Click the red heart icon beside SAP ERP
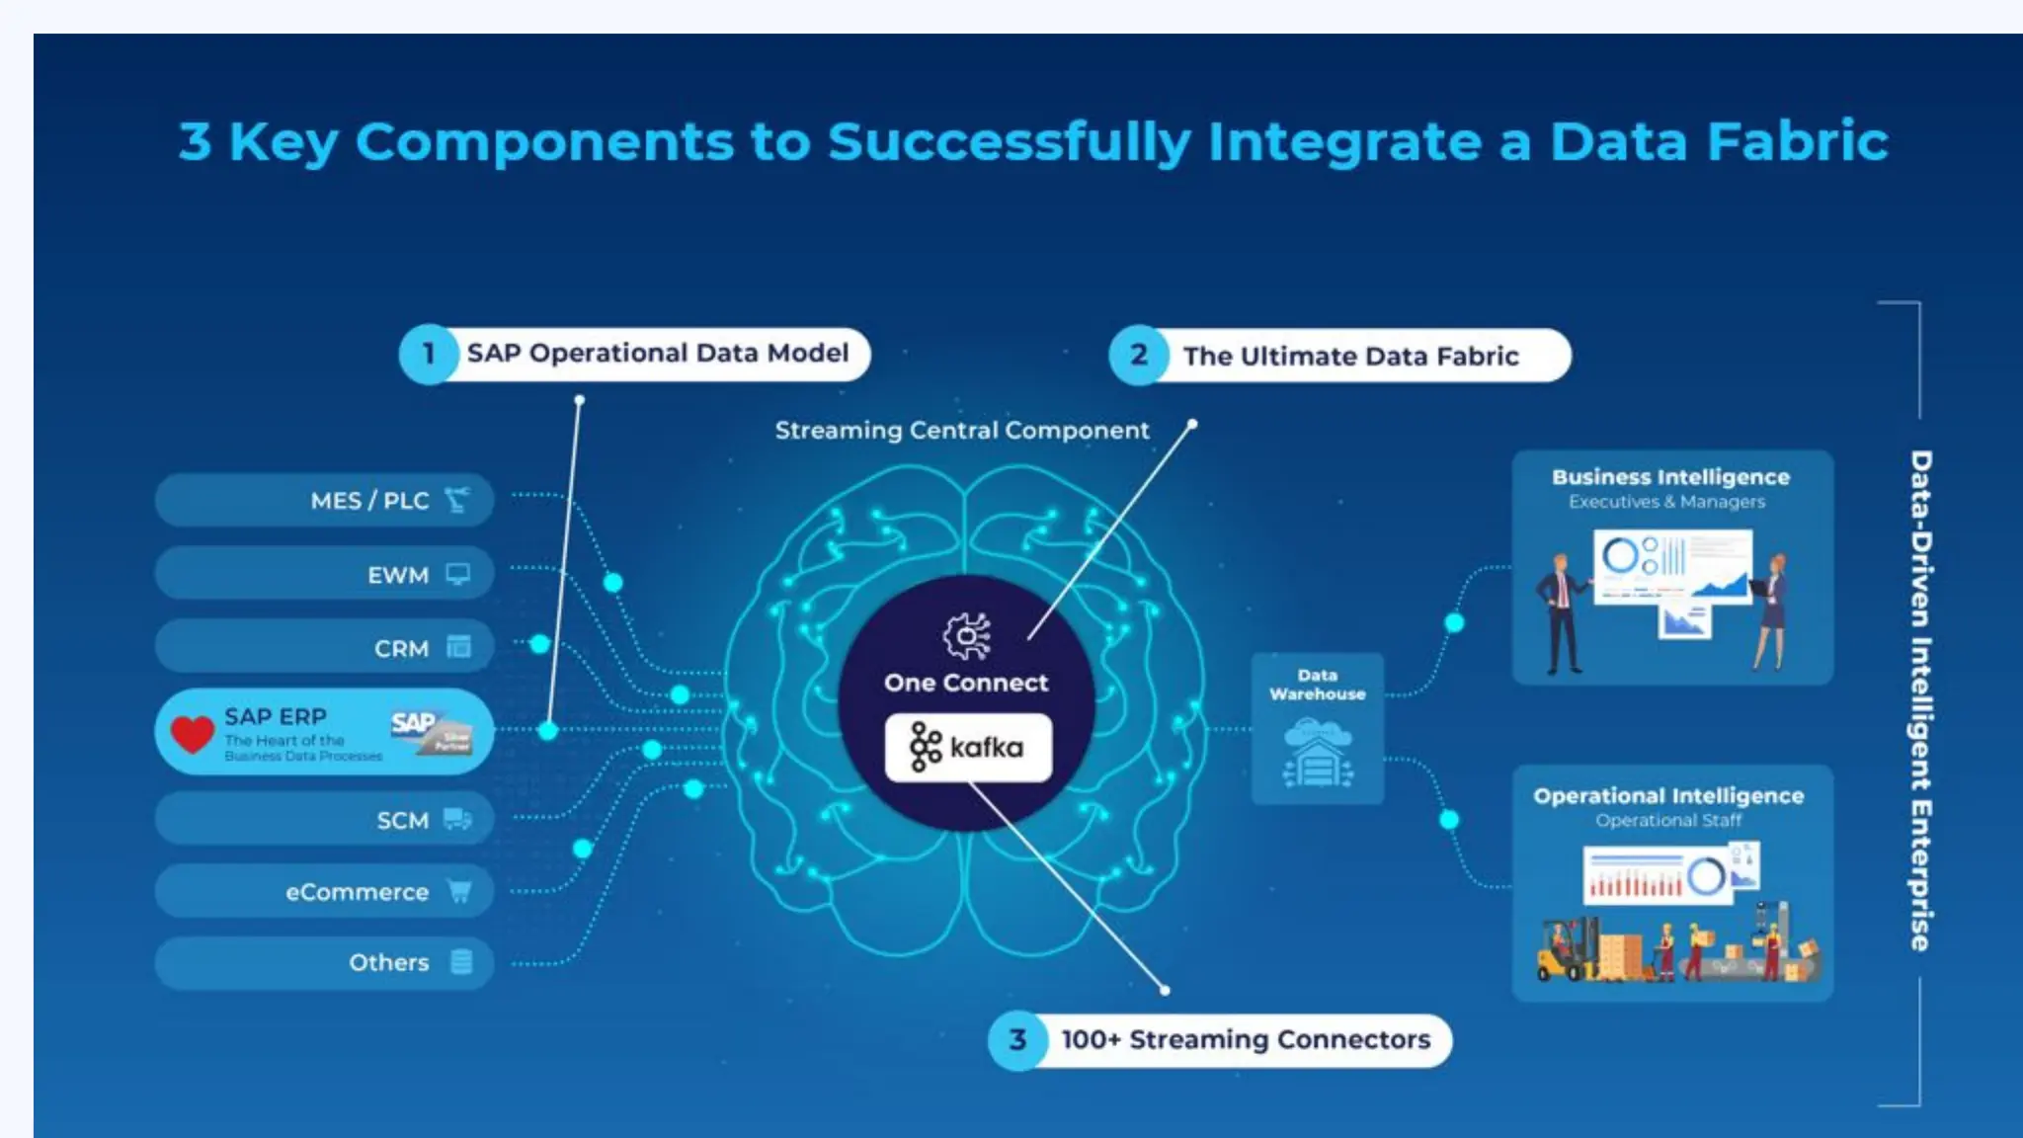click(x=192, y=733)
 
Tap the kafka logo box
click(x=968, y=748)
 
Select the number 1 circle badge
click(x=428, y=354)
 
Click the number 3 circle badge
click(x=1017, y=1039)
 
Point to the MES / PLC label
click(x=369, y=501)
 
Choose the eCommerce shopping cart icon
click(x=459, y=891)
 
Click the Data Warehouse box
click(x=1317, y=729)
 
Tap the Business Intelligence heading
click(x=1670, y=477)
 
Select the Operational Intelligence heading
click(x=1668, y=796)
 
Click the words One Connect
click(x=966, y=683)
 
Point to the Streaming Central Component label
click(x=961, y=431)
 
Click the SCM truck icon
click(x=457, y=819)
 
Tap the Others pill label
click(x=388, y=963)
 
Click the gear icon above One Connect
click(x=966, y=635)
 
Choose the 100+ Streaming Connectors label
click(x=1245, y=1040)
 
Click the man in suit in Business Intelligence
click(x=1561, y=612)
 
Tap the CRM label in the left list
click(x=401, y=649)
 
